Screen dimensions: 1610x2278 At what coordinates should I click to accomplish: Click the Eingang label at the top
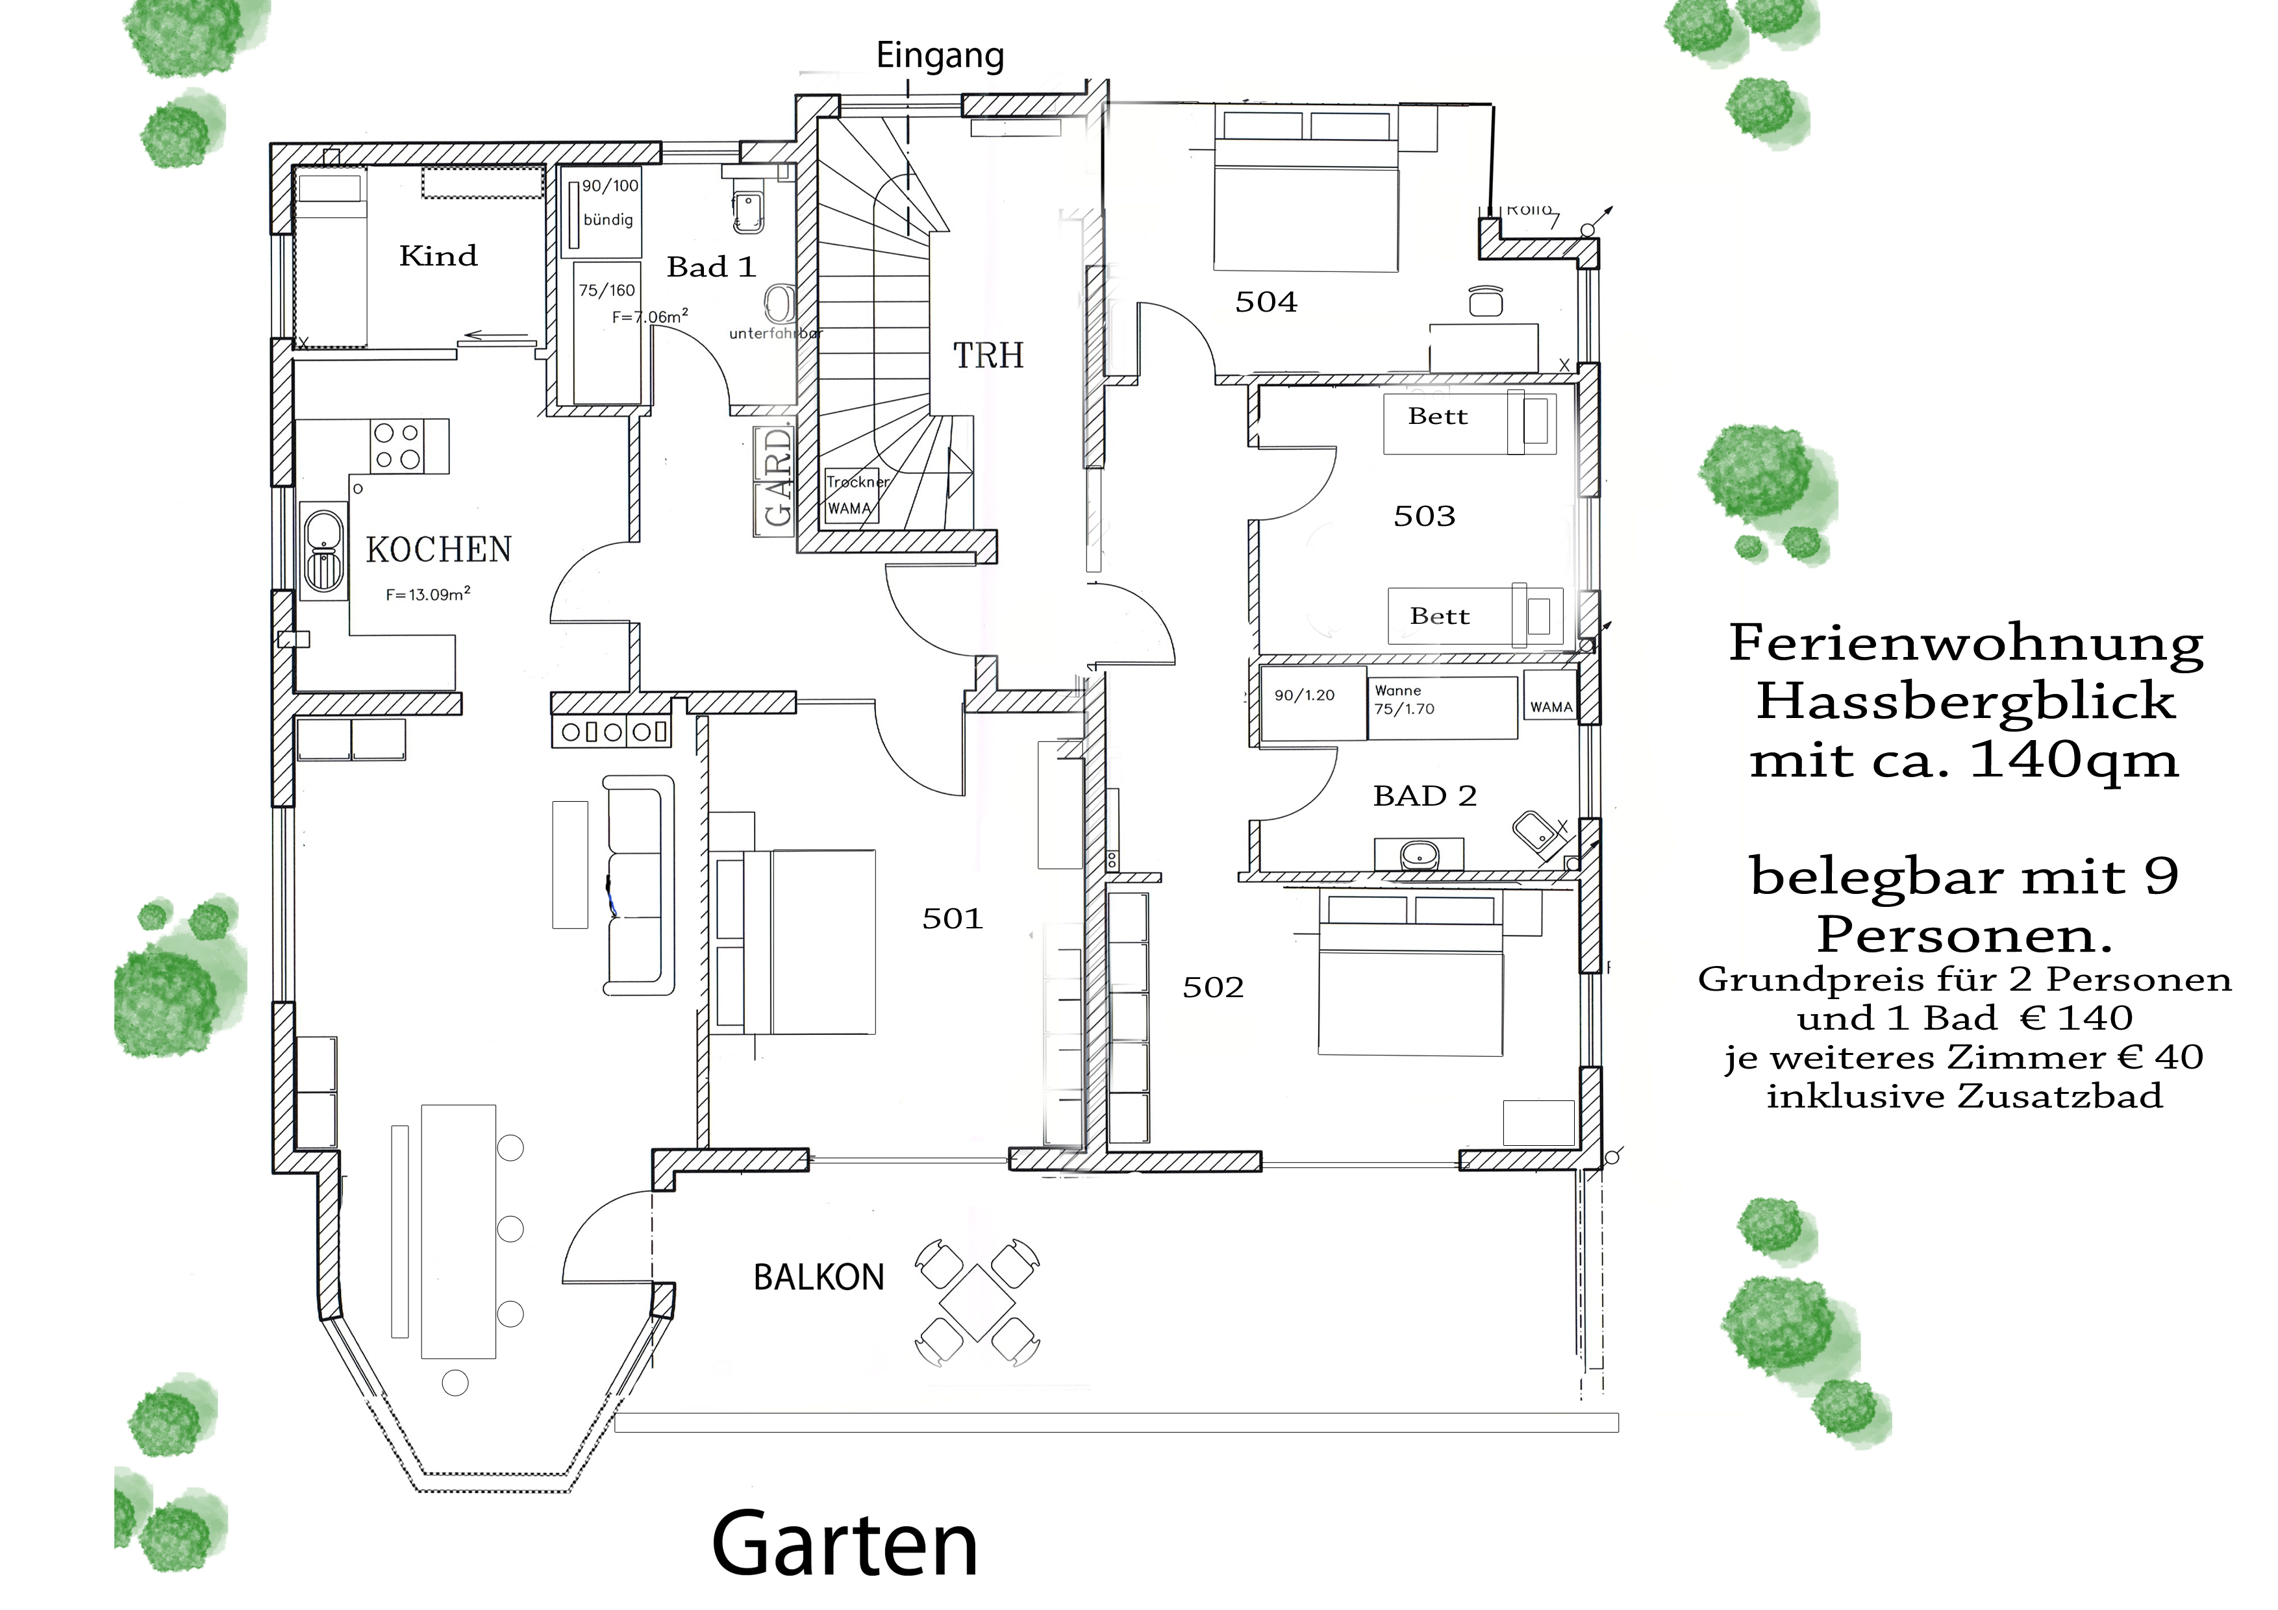(940, 56)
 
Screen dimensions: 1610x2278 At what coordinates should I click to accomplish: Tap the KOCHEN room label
(438, 550)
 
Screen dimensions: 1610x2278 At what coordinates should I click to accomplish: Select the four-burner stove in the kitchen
(397, 445)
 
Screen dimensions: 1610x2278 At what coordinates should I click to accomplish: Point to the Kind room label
(438, 256)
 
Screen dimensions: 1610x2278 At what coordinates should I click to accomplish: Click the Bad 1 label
(710, 267)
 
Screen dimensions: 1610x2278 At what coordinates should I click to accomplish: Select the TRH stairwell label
(988, 355)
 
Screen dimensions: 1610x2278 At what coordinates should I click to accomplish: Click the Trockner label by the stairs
(857, 482)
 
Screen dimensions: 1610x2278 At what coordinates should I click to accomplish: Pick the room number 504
(1266, 302)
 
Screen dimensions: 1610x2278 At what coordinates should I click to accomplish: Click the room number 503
(1423, 516)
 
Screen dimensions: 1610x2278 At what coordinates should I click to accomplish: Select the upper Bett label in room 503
(1436, 417)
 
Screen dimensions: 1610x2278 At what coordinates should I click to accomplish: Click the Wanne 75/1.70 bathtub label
(1404, 699)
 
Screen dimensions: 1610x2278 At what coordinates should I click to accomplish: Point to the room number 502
(1212, 987)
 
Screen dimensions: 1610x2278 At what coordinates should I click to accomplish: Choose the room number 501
(951, 919)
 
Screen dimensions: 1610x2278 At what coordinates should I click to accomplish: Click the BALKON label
(818, 1278)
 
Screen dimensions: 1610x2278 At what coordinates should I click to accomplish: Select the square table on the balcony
(977, 1302)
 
